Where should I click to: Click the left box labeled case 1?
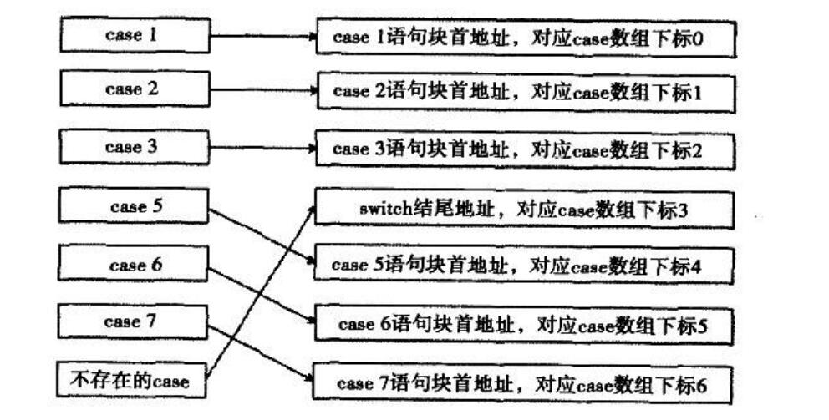[134, 36]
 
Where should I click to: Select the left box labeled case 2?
[134, 89]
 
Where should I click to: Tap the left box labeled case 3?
[134, 147]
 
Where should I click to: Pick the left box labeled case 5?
[134, 207]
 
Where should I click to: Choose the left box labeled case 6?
[134, 266]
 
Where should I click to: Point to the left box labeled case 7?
[134, 321]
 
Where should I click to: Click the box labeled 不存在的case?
[134, 381]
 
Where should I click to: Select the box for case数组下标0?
[525, 38]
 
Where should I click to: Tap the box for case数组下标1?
[525, 93]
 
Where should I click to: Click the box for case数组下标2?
[525, 150]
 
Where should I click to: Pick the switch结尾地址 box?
[525, 209]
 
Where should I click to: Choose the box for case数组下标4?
[525, 266]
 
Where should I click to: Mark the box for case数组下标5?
[525, 324]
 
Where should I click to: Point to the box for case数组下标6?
[525, 384]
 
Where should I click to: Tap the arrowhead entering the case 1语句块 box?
[311, 37]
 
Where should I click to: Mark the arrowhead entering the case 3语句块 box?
[311, 149]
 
